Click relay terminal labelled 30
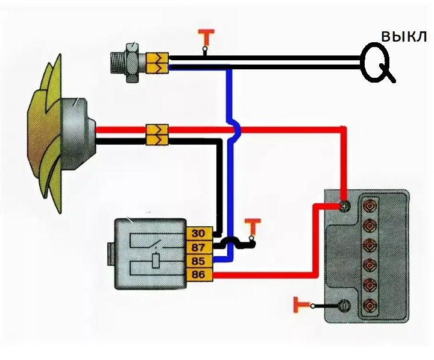tap(198, 233)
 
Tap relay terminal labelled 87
tap(198, 247)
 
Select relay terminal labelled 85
tap(198, 262)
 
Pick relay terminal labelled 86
tap(198, 276)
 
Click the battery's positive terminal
tap(344, 206)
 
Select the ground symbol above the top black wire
tap(206, 38)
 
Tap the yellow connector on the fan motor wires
tap(157, 134)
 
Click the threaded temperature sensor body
tap(126, 61)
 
